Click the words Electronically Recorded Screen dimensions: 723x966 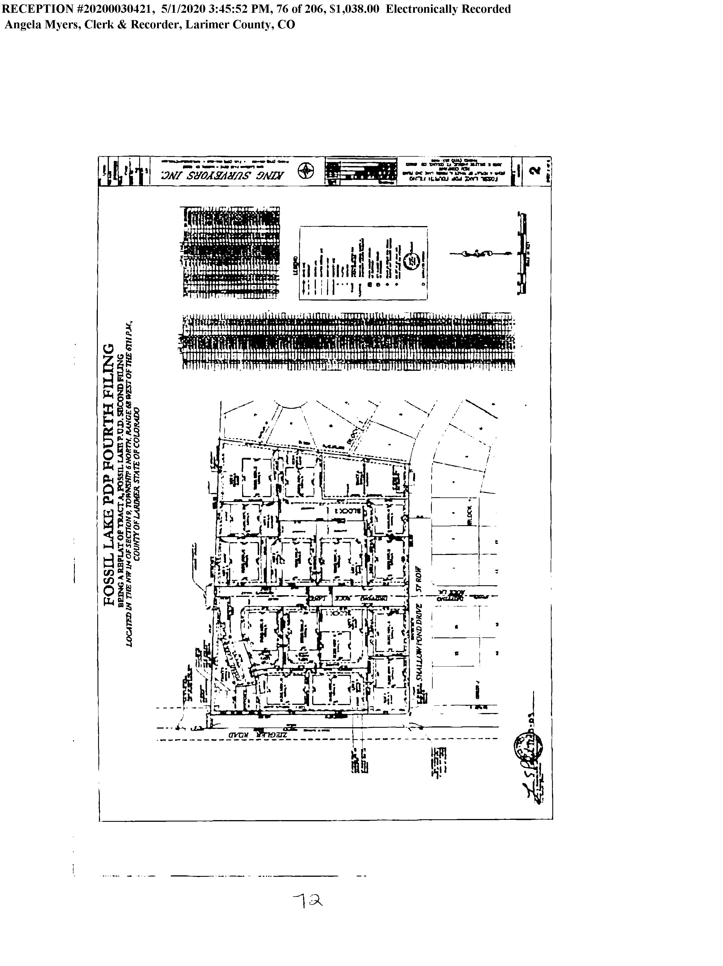pyautogui.click(x=448, y=9)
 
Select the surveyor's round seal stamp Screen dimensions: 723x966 pyautogui.click(x=528, y=745)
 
